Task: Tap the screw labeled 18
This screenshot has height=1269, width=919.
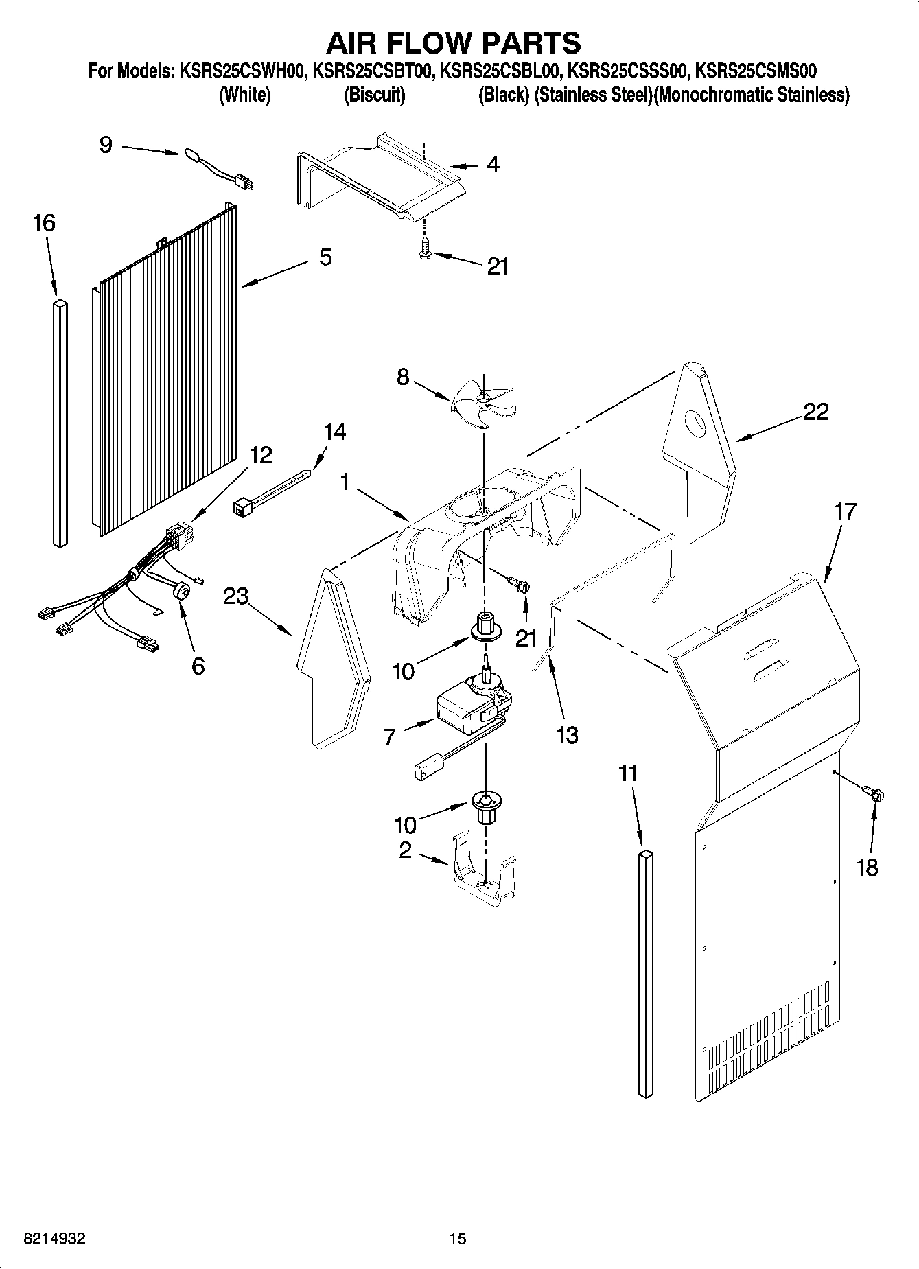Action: [875, 795]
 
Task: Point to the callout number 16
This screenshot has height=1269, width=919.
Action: [44, 223]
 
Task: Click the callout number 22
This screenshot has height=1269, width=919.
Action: [815, 412]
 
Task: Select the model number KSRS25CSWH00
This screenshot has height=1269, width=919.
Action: [243, 71]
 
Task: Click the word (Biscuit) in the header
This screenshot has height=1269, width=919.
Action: [374, 95]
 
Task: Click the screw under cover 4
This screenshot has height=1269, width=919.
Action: [424, 253]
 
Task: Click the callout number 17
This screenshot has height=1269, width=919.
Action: [845, 511]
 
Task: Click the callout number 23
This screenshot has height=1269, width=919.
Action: [235, 596]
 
